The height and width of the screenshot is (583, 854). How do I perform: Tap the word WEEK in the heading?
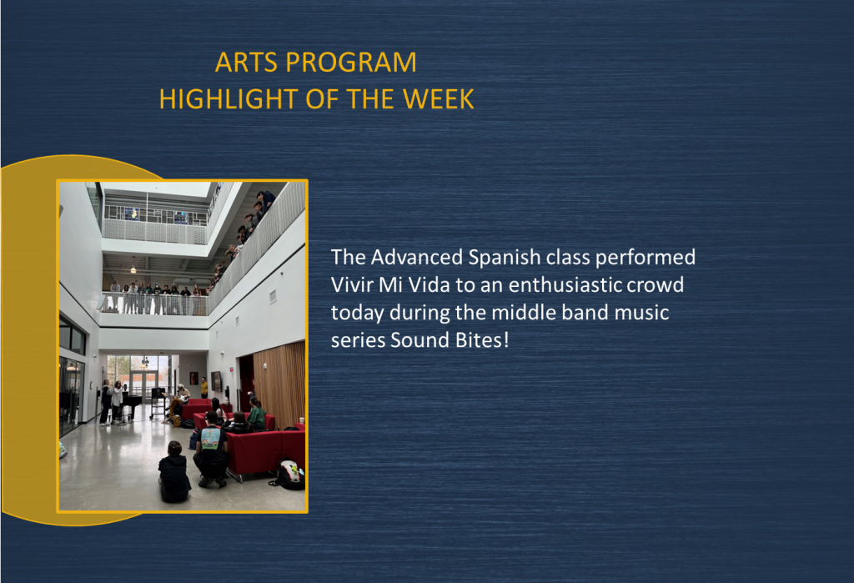(x=439, y=99)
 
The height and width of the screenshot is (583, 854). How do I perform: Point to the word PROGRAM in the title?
(x=351, y=62)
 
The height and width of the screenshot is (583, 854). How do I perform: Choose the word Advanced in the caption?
(x=417, y=257)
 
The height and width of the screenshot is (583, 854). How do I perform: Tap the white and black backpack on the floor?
(x=289, y=474)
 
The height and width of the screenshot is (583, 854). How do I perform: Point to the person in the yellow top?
(x=204, y=387)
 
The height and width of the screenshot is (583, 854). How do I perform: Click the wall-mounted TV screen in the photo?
(x=216, y=381)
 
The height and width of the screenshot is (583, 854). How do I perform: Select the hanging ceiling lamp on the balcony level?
(x=133, y=268)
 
